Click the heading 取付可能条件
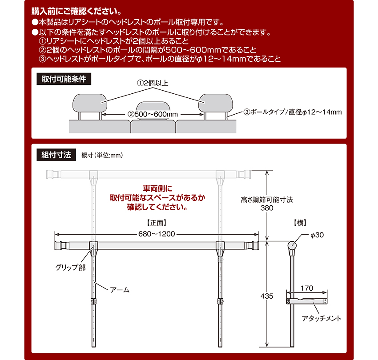pos(64,79)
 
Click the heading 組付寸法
pos(56,155)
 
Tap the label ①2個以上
pos(153,83)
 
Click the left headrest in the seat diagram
pos(90,103)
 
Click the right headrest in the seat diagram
pos(216,103)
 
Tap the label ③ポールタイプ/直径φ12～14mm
pos(293,112)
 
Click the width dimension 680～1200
pos(157,234)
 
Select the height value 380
pos(267,208)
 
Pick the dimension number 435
pos(267,296)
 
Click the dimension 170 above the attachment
pos(307,288)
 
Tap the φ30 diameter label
pos(317,235)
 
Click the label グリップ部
pos(70,268)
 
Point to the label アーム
pos(120,290)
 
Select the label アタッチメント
pos(322,318)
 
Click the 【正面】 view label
pos(157,223)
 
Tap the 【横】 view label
pos(300,223)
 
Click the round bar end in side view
pos(292,245)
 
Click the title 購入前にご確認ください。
pos(76,11)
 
